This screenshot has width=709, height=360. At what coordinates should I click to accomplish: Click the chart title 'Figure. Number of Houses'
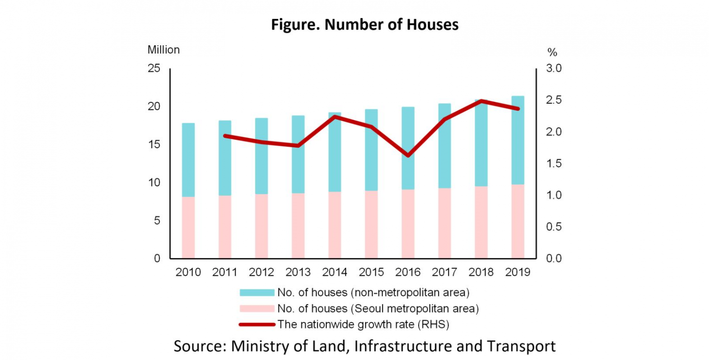pos(365,24)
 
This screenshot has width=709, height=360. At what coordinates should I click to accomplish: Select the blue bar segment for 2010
pos(188,160)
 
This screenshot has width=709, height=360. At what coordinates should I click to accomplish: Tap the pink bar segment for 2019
pos(518,222)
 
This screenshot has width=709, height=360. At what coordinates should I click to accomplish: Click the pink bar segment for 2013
pos(298,226)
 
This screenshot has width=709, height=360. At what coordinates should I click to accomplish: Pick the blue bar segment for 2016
pos(408,148)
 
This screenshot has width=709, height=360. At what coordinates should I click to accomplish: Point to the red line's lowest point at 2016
pos(408,155)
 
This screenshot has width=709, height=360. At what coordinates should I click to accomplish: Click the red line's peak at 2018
pos(481,101)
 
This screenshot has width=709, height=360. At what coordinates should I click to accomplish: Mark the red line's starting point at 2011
pos(225,136)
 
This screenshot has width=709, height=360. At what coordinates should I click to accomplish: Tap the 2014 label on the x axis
pos(335,272)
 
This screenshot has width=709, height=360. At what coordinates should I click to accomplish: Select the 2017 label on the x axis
pos(445,272)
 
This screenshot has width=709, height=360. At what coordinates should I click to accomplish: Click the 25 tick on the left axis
pos(154,68)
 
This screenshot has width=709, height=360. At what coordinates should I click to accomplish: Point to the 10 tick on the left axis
pos(154,182)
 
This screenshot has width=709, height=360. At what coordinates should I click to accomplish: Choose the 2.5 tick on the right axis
pos(555,100)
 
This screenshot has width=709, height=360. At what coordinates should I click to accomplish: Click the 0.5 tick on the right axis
pos(555,227)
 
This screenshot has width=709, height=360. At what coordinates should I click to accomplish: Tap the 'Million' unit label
pos(163,50)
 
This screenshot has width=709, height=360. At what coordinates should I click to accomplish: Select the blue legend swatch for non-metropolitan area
pos(257,293)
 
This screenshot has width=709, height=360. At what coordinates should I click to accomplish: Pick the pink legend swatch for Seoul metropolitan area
pos(257,308)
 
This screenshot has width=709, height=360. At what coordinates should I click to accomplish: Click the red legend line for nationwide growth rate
pos(257,324)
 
